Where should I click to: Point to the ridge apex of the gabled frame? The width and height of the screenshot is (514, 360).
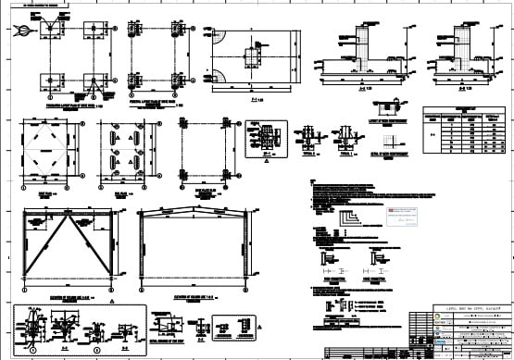192,211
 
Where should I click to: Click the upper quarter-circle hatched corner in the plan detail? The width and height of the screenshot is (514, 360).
217,38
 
